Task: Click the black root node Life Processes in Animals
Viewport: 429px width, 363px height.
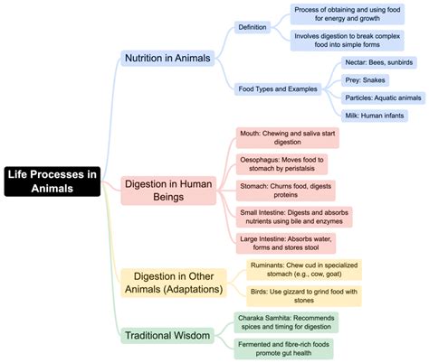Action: (x=52, y=181)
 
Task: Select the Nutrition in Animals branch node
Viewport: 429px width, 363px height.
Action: (x=167, y=59)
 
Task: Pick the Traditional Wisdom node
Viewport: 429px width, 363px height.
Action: (x=167, y=336)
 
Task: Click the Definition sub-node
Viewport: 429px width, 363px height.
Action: (x=253, y=28)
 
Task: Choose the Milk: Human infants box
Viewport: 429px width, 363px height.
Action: (x=378, y=115)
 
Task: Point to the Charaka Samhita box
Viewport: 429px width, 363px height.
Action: (x=287, y=322)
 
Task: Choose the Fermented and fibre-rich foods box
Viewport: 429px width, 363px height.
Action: (x=287, y=349)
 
